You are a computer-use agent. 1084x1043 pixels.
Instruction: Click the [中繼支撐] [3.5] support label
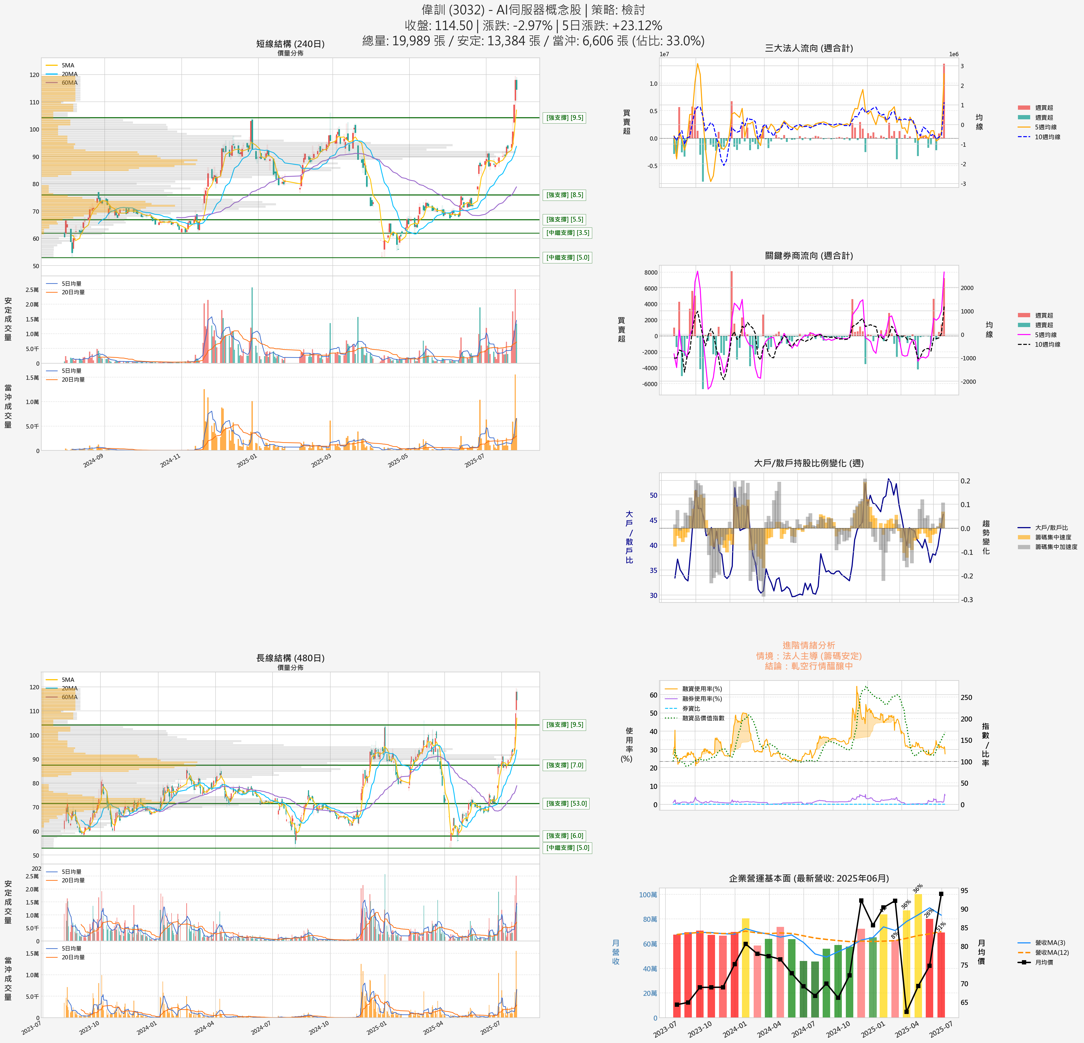point(567,233)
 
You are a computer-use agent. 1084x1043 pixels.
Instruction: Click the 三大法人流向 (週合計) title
point(809,48)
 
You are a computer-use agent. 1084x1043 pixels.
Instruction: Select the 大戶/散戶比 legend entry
point(1051,528)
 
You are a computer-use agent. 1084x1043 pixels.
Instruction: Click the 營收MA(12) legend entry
point(1051,952)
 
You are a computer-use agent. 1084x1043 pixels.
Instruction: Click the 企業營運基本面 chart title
point(809,878)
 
